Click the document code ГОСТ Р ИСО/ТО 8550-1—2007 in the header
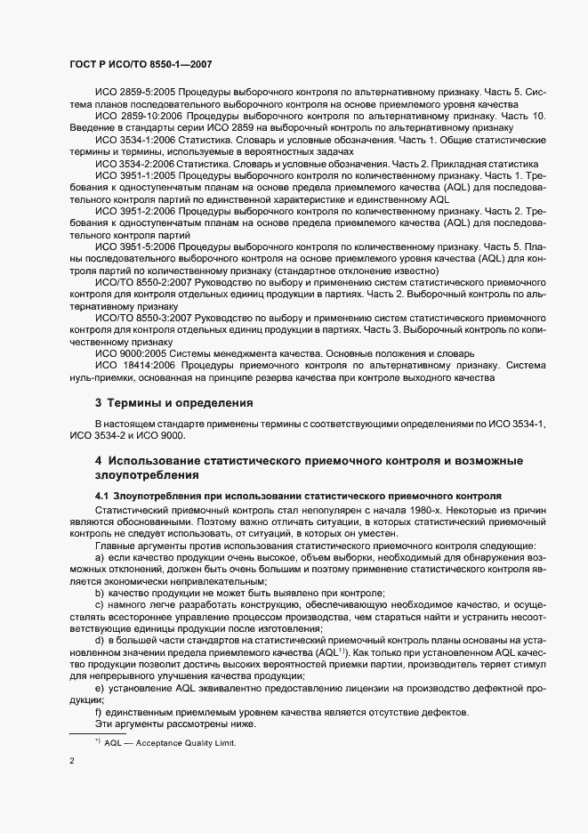140,65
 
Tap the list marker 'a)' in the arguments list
101,556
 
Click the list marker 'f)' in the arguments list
100,713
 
